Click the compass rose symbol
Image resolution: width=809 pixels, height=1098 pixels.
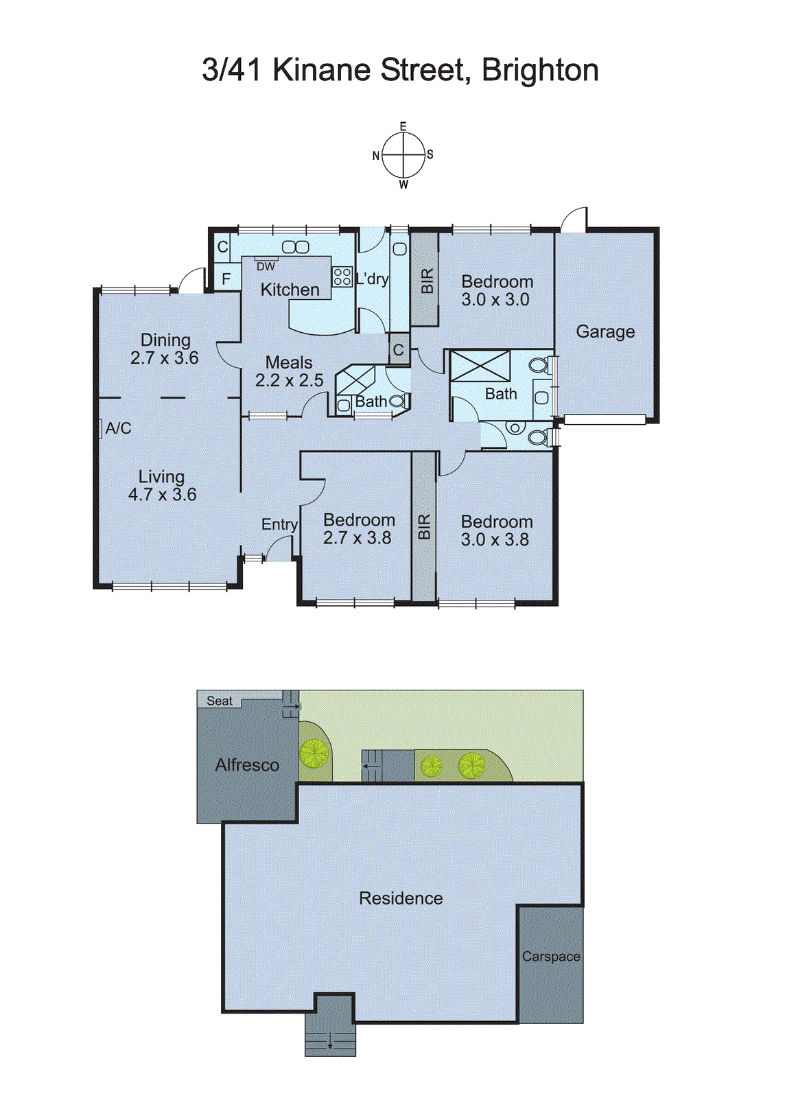403,155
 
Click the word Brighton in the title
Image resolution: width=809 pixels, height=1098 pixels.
540,70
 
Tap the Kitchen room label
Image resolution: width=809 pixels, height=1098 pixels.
290,290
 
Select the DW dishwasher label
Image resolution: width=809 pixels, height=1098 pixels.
266,266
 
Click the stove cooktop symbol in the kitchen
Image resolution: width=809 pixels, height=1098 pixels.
342,277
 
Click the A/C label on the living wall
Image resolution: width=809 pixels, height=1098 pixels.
118,428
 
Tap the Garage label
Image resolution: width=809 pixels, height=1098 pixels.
605,331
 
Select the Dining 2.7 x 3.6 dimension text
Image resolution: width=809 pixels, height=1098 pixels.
165,358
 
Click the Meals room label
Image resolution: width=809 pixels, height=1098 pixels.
289,362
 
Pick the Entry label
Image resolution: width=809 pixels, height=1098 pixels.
279,524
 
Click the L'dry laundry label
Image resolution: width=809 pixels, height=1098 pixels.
373,279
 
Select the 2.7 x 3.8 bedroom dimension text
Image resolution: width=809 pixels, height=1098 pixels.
357,538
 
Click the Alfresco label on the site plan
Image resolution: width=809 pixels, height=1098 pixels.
247,765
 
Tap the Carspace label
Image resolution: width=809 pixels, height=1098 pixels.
551,957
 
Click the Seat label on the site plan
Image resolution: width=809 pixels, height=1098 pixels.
220,701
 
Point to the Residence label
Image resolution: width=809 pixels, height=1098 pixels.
401,898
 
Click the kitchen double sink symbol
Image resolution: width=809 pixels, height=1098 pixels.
296,247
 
